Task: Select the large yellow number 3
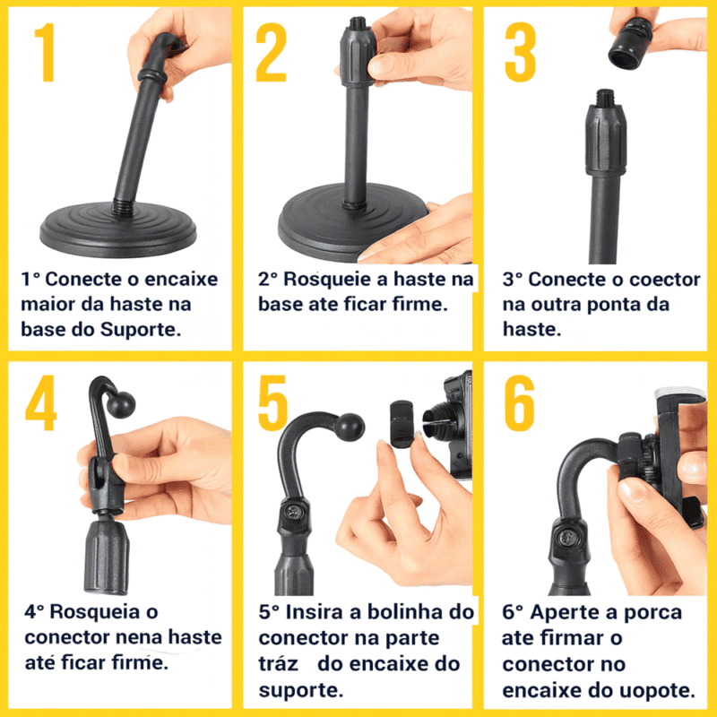(519, 55)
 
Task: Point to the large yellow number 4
(41, 403)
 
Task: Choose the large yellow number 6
(519, 403)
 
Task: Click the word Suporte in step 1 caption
(141, 329)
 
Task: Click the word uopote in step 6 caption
(661, 690)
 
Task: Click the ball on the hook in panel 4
(123, 402)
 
